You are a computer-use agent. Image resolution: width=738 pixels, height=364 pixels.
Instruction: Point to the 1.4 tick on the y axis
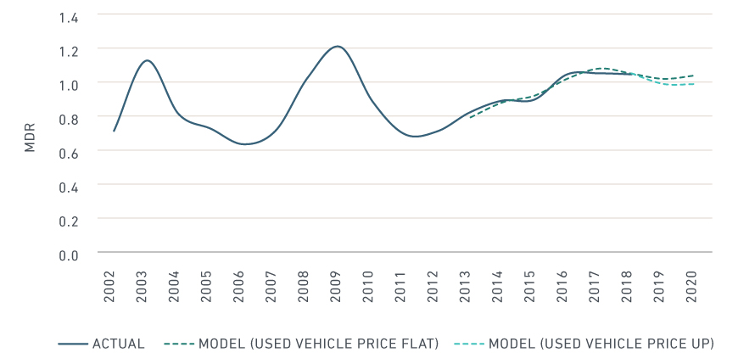[69, 17]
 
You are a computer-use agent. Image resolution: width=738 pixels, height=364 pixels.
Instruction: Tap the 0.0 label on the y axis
[69, 255]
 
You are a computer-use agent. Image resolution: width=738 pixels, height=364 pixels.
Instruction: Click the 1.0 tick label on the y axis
[69, 85]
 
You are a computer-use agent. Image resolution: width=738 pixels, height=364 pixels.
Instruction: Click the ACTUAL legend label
[118, 344]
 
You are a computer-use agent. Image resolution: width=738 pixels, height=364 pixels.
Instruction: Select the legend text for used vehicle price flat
[318, 344]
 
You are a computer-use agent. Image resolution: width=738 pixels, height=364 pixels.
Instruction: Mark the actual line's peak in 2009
[338, 46]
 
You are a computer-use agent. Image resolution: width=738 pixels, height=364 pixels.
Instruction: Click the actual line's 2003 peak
[148, 60]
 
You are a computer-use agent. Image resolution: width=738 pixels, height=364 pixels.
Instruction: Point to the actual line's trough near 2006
[244, 144]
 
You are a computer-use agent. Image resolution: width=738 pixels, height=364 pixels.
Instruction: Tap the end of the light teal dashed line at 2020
[695, 83]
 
